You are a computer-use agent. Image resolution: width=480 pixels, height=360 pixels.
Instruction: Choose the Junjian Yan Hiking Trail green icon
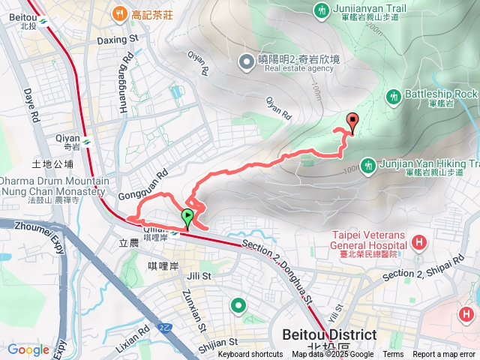(367, 165)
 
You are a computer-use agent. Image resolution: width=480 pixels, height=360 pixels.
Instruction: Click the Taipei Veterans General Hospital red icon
(418, 242)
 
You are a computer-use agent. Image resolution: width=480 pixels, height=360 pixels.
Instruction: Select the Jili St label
(200, 276)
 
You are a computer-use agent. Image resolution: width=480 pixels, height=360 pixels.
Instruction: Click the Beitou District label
(328, 334)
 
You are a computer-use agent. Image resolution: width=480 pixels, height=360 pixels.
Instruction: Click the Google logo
(28, 349)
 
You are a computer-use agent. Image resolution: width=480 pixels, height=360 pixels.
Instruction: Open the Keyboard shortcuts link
(250, 355)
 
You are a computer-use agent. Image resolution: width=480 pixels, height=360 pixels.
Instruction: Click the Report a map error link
(445, 355)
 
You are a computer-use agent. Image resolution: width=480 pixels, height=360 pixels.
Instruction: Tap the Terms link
(393, 355)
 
